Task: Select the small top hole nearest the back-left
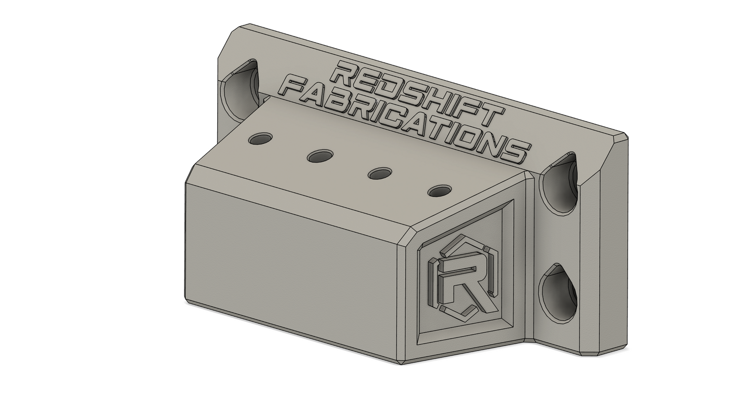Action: (x=260, y=139)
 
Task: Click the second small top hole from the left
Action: (x=320, y=156)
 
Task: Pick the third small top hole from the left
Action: (x=380, y=173)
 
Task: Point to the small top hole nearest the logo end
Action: (x=440, y=191)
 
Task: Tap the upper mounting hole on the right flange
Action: (x=559, y=182)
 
